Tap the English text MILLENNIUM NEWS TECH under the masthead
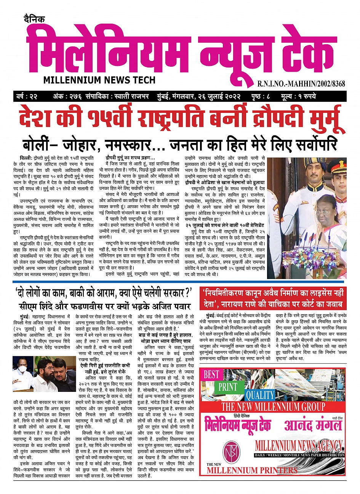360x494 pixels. click(x=99, y=80)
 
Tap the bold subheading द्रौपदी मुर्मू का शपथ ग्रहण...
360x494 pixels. click(x=130, y=158)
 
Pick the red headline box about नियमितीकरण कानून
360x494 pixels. click(x=272, y=299)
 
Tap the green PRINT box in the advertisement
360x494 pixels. click(x=228, y=387)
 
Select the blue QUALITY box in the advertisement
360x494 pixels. click(x=260, y=395)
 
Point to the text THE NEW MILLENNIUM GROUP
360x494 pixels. click(x=273, y=407)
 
